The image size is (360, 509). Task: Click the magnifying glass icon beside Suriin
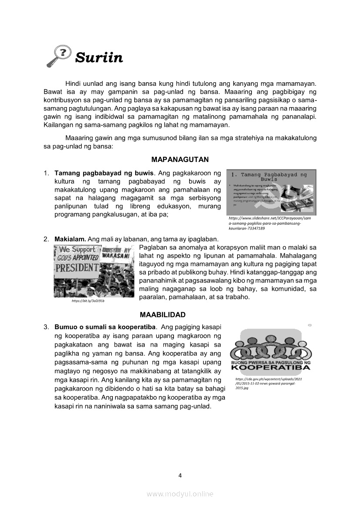coord(58,57)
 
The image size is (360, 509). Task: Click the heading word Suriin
coord(99,57)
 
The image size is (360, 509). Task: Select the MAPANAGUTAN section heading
coord(180,159)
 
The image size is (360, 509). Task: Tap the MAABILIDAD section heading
coord(163,314)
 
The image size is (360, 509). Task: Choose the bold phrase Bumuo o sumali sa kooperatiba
coord(105,327)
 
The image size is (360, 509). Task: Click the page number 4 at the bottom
coord(180,475)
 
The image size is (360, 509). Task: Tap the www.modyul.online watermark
coord(180,494)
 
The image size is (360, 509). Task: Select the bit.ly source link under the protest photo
coord(88,300)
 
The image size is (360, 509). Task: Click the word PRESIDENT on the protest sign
coord(77,267)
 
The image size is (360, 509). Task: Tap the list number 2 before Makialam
coord(46,239)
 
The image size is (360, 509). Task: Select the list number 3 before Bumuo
coord(46,327)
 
